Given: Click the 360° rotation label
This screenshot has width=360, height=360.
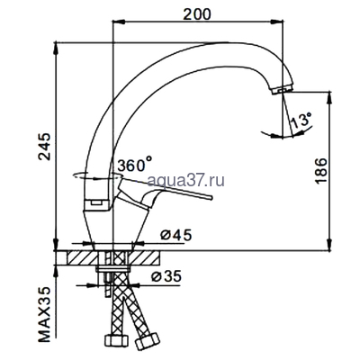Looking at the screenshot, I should (x=135, y=165).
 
